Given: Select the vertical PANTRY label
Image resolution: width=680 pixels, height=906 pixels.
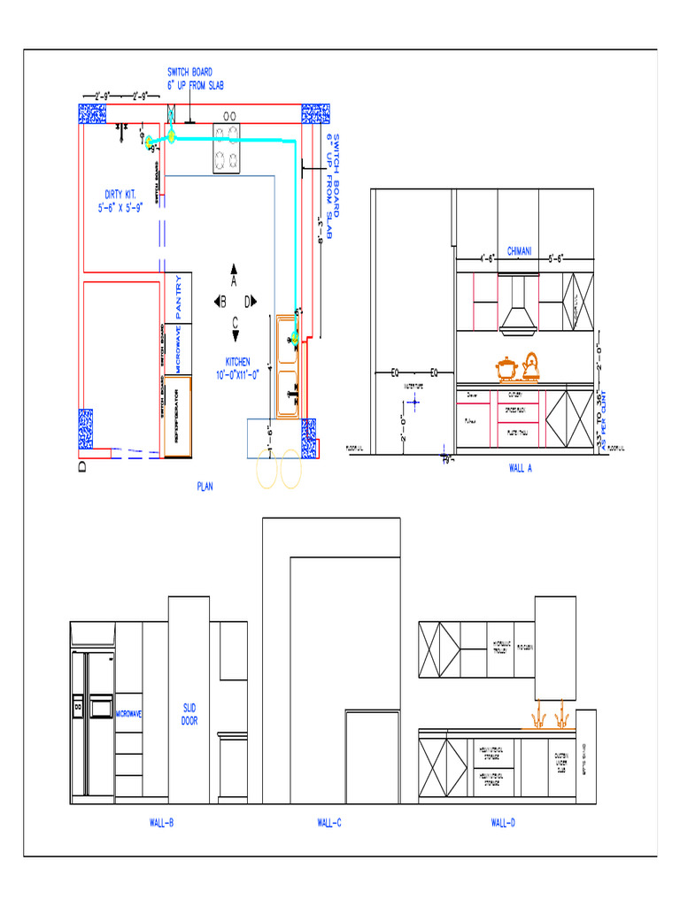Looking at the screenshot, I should pos(178,296).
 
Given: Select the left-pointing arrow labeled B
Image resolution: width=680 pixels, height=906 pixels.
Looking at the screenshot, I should pos(220,301).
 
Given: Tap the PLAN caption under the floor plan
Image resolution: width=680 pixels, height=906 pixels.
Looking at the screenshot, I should pos(205,486).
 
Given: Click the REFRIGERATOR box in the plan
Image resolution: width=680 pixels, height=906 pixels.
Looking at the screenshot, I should pos(178,416).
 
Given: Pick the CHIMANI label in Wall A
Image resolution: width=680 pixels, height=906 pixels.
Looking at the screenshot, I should pos(519,251).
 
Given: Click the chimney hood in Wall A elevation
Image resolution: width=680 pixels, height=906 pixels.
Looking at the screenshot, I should pos(519,310).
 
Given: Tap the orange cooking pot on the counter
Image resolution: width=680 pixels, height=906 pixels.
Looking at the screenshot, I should pos(506,367).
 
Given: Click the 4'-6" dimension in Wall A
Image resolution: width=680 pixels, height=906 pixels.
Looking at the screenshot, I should pos(487,260).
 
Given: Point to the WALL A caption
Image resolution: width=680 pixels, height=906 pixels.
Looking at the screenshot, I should pos(520,469).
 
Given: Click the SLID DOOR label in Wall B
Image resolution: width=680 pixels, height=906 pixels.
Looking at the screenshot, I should pos(189,715).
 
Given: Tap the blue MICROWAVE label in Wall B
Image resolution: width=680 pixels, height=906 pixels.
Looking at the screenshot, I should pos(129,713).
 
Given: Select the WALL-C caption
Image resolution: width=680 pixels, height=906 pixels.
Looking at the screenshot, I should pos(329,823).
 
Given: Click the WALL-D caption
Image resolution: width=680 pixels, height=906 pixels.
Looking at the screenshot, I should pos(503,823).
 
